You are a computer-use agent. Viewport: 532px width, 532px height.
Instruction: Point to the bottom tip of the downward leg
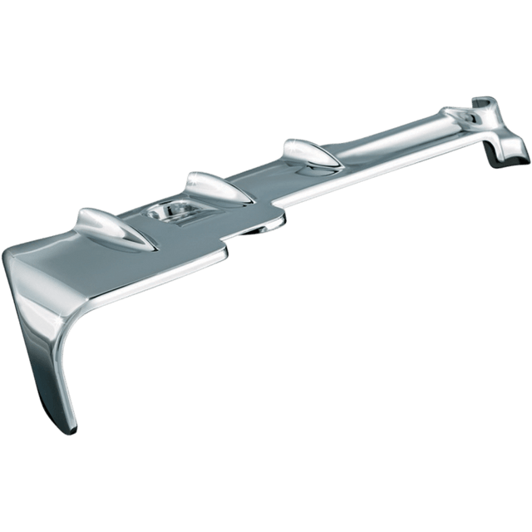pos(71,429)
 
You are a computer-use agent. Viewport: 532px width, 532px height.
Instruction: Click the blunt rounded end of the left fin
pos(80,218)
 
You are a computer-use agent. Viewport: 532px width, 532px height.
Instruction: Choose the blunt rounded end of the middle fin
pos(190,177)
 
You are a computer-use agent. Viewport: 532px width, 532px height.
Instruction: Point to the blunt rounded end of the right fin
pos(287,145)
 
